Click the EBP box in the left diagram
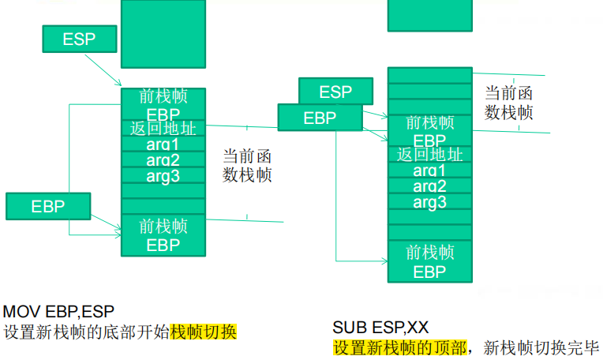click(47, 207)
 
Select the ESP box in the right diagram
click(335, 92)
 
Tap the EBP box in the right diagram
click(320, 118)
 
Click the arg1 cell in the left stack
click(163, 144)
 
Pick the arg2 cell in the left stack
click(163, 160)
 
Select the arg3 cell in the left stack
click(163, 176)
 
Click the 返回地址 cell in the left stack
click(163, 129)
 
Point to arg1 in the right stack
click(429, 171)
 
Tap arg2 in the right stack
click(429, 186)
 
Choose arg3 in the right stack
click(429, 202)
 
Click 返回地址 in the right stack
click(429, 155)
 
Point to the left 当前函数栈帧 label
click(247, 165)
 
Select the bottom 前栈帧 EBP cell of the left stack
click(163, 235)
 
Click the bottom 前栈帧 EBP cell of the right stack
click(429, 262)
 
